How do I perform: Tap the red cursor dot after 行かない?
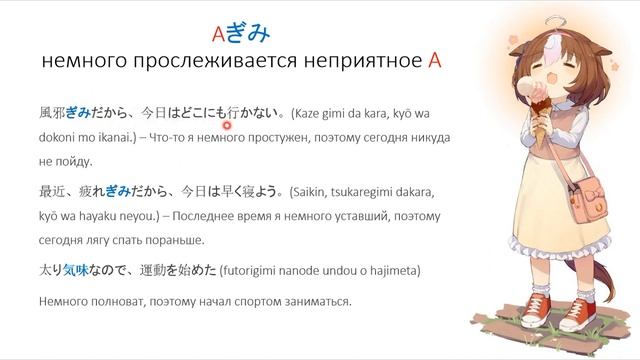228,125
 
